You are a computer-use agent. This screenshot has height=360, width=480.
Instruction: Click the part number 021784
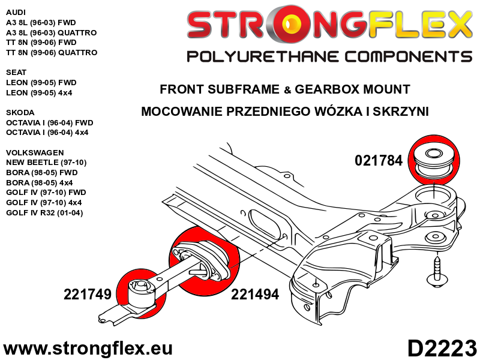379,161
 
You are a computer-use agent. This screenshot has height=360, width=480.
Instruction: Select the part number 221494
255,295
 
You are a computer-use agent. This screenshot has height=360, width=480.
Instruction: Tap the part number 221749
88,295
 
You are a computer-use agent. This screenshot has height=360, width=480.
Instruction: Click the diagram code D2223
442,349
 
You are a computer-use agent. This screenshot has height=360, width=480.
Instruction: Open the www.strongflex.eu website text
88,349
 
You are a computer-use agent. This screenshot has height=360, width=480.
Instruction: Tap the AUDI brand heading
16,11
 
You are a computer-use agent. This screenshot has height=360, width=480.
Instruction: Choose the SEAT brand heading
16,72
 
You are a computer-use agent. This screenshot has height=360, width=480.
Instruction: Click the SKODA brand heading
20,112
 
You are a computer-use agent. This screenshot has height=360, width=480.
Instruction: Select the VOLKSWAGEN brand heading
34,152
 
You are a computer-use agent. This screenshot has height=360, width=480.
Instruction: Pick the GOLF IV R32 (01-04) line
44,213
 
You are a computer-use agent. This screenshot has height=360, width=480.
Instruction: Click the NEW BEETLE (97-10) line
46,163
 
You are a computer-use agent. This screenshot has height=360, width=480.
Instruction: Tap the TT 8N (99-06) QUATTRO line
51,52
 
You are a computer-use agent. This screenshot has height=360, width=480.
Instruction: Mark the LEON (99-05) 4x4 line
39,92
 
